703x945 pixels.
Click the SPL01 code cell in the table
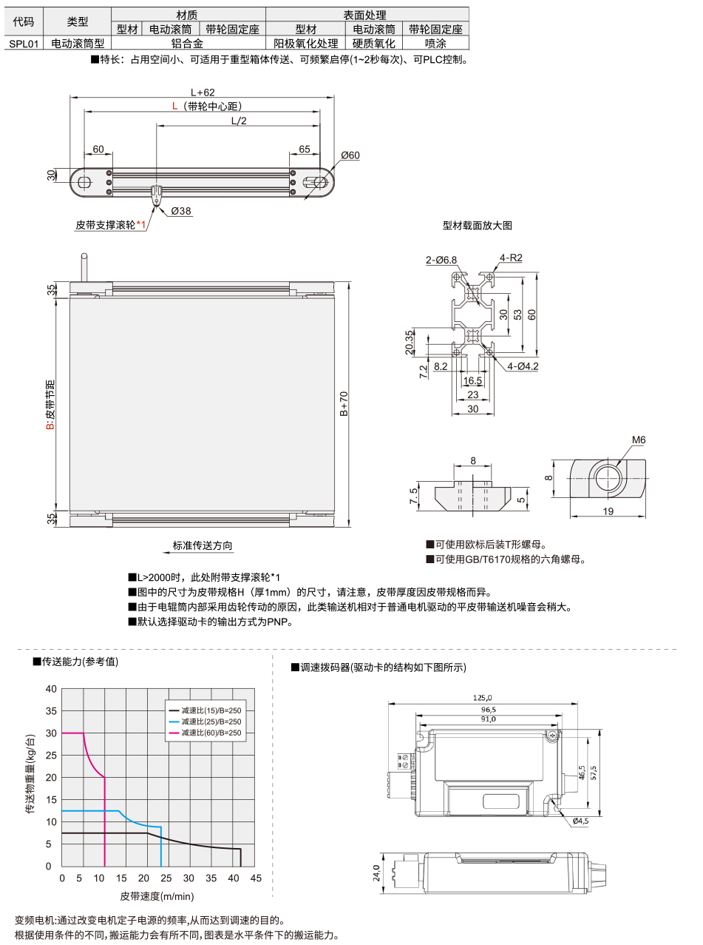[24, 44]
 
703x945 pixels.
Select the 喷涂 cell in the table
[435, 44]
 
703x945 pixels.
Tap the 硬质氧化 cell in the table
[373, 44]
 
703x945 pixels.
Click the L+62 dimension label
[202, 93]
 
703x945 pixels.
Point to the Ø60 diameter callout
[350, 155]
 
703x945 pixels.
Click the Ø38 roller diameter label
[181, 211]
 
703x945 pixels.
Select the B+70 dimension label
[344, 404]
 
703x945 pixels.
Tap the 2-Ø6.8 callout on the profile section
[441, 260]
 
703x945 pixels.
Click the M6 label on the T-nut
[639, 440]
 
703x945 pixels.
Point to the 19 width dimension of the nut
[607, 511]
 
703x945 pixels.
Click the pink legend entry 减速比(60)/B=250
[211, 733]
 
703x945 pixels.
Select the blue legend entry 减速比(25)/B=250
[211, 722]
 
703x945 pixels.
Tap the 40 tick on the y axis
[51, 689]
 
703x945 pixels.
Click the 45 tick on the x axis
[256, 878]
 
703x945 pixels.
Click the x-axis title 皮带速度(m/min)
[157, 896]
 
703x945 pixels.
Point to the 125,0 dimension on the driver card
[483, 697]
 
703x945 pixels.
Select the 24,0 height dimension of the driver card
[376, 874]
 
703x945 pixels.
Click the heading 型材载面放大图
[477, 225]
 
